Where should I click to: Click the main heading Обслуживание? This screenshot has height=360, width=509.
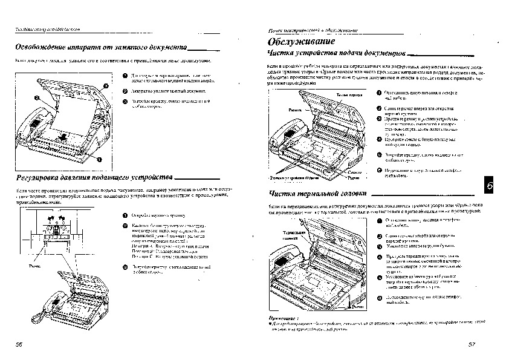[301, 42]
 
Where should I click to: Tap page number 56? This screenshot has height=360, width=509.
[19, 344]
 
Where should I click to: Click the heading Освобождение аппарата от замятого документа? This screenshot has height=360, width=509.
[100, 47]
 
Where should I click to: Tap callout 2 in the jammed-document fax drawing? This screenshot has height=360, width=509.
[37, 97]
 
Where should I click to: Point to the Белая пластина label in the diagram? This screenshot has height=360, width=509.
[349, 96]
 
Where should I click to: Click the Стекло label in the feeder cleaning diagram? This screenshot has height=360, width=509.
[355, 173]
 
